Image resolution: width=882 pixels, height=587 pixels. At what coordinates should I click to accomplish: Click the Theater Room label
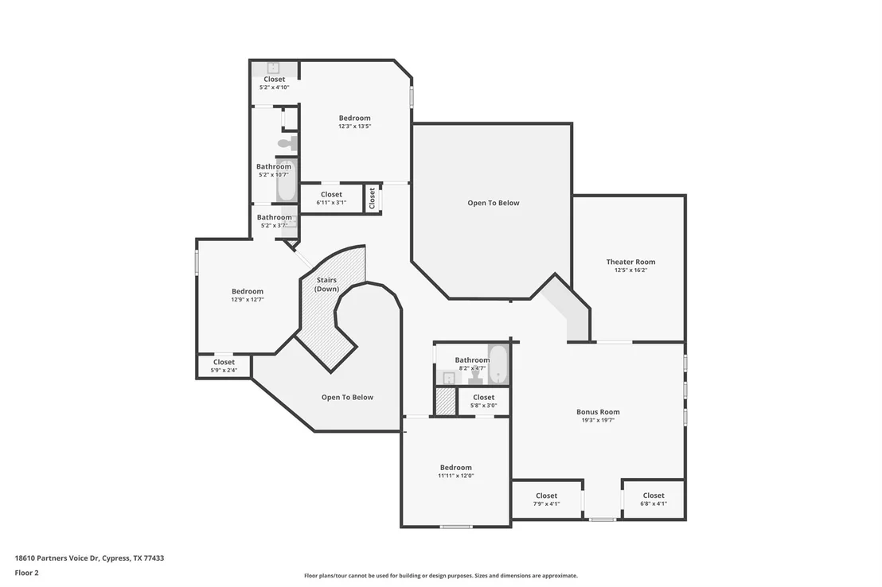point(630,262)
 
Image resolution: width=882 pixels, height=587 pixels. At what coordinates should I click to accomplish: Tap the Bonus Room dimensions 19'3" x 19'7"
point(598,420)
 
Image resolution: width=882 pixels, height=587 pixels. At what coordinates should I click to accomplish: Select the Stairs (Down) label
point(327,284)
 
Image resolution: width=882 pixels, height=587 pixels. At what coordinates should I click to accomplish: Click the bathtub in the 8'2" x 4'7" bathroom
point(498,363)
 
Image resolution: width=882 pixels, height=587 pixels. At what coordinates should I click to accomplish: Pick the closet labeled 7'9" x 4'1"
point(546,499)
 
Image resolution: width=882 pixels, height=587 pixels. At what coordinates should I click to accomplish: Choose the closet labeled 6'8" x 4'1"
point(653,499)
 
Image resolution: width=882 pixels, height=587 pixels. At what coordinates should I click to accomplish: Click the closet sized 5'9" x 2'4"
point(224,365)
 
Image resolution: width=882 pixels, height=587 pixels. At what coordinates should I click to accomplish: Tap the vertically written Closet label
point(372,199)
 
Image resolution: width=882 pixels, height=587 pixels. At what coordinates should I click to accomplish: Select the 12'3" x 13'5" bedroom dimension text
point(354,126)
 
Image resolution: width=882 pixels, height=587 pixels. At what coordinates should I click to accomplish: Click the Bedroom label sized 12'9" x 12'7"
point(248,291)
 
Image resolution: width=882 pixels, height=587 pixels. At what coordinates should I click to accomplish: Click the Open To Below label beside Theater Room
point(494,203)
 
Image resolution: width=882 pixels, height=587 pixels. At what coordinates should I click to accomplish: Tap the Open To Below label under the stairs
point(347,397)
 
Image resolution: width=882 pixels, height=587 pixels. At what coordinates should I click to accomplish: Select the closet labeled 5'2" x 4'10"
point(275,83)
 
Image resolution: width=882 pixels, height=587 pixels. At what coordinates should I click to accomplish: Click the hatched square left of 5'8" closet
point(446,402)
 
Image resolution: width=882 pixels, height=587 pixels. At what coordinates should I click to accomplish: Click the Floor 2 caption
point(26,573)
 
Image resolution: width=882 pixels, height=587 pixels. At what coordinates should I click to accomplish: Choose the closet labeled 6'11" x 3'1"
point(331,199)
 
